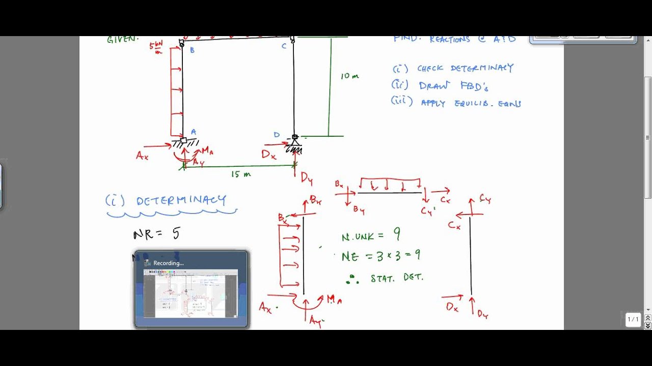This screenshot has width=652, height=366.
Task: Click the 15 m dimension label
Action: [x=241, y=174]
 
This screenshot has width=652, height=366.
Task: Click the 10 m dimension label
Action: [x=349, y=76]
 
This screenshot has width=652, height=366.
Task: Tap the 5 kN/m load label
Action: [x=156, y=48]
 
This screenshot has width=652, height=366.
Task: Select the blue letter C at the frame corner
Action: [x=284, y=47]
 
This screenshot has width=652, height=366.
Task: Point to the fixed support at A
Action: [x=184, y=142]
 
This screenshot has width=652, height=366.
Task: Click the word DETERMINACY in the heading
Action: [x=181, y=200]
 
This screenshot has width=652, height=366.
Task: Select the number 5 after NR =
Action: [x=176, y=233]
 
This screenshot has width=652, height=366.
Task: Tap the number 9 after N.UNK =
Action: [x=396, y=234]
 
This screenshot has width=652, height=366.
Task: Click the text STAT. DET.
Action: [x=397, y=278]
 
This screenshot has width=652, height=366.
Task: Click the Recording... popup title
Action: [x=168, y=263]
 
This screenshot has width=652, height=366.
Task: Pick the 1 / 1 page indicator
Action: [x=633, y=319]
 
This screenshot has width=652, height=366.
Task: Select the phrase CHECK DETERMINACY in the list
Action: [x=465, y=68]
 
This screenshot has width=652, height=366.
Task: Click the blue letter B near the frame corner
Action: [x=192, y=50]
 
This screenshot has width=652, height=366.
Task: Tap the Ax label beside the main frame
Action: [x=142, y=156]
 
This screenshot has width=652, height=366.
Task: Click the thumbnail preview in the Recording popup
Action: [x=191, y=294]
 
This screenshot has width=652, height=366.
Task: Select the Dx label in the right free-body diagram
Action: [x=452, y=307]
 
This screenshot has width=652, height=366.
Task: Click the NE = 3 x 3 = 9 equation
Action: [x=381, y=256]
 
